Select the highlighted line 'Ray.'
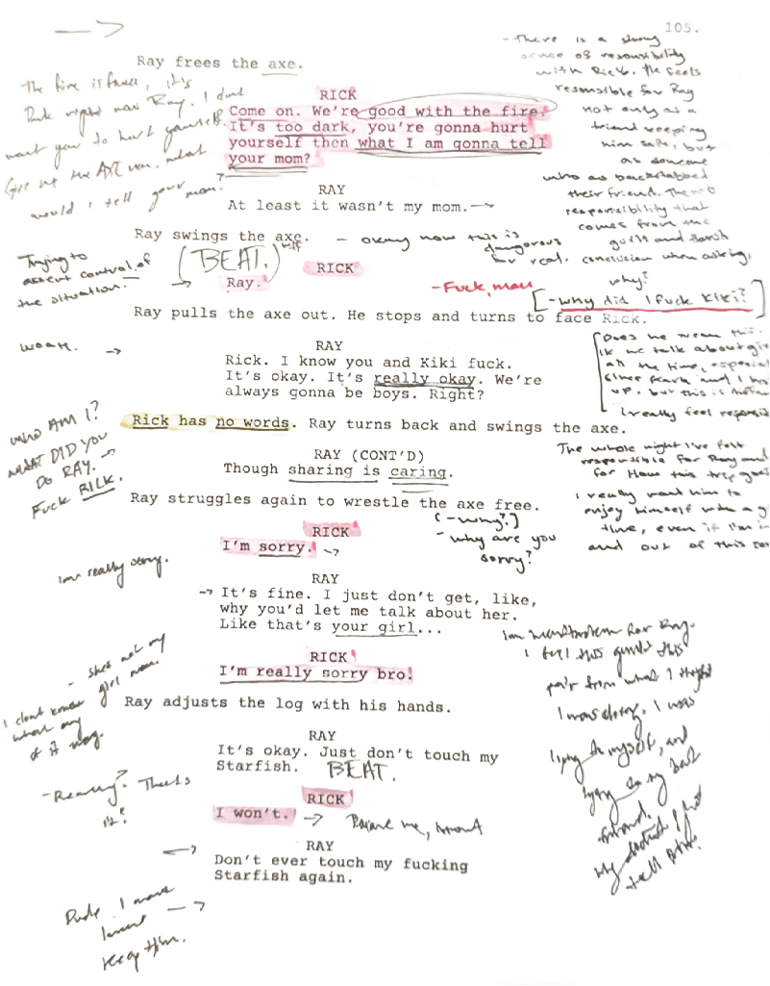point(241,283)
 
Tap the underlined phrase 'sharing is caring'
point(370,470)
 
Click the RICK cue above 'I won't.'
point(325,798)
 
